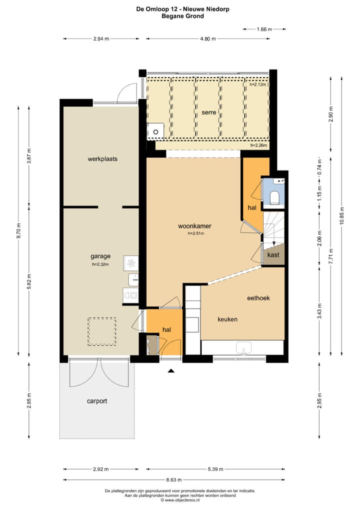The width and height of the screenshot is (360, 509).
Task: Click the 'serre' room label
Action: click(208, 112)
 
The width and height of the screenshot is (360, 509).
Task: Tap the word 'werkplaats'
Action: click(102, 158)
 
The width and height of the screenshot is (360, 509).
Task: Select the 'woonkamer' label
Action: click(194, 226)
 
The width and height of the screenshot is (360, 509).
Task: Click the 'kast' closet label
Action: click(273, 255)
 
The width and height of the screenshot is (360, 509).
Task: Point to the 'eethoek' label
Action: click(258, 298)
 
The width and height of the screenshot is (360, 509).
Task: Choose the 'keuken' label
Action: click(227, 319)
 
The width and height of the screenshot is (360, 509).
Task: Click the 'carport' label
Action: click(96, 401)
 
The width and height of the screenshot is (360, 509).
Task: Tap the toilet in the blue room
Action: click(274, 197)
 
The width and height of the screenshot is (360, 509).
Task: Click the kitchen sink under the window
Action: click(243, 348)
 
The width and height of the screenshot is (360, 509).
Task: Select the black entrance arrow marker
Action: click(171, 370)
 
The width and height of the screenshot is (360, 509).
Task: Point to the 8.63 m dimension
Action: click(174, 479)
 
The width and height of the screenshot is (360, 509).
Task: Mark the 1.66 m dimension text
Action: click(264, 29)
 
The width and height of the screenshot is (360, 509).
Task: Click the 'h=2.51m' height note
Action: click(195, 233)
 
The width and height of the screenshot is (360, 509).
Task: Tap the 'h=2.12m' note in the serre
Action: click(257, 84)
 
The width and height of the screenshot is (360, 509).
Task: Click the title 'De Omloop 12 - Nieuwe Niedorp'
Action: click(183, 9)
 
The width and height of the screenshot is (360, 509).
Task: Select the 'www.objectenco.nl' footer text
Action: click(182, 500)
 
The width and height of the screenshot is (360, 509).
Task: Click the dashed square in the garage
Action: click(102, 331)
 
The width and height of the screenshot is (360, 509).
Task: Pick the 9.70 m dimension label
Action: click(19, 231)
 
